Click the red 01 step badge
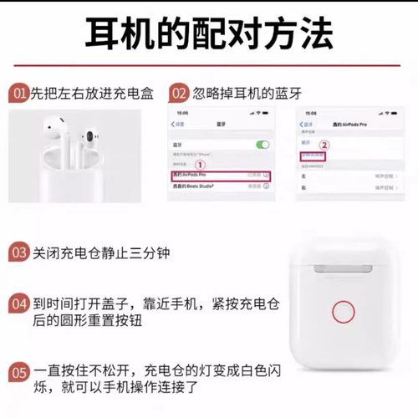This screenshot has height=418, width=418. (18, 93)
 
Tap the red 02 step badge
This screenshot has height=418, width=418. (178, 93)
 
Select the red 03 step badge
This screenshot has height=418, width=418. (18, 252)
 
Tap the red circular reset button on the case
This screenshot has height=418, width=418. (344, 314)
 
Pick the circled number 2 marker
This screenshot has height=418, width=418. (324, 144)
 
